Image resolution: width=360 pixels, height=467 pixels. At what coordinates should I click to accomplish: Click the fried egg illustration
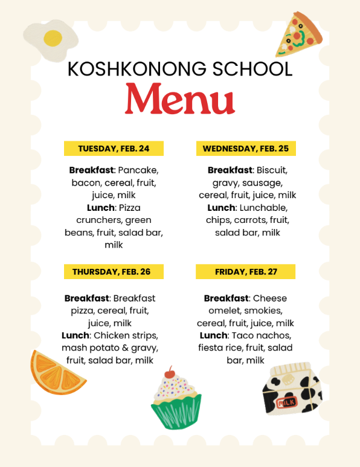click(51, 39)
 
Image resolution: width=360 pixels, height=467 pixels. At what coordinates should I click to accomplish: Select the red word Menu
click(180, 99)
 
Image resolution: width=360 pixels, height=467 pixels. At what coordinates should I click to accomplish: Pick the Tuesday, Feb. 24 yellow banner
click(114, 149)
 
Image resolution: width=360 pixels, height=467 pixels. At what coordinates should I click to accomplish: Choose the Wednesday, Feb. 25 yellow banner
click(246, 149)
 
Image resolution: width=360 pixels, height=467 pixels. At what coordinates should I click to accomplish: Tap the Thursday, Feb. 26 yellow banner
click(114, 272)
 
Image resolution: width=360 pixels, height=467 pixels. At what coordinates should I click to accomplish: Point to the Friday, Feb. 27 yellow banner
click(246, 272)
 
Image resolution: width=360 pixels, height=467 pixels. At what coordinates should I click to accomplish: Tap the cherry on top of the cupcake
click(170, 370)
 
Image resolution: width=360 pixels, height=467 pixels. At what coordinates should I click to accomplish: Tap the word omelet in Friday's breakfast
click(223, 311)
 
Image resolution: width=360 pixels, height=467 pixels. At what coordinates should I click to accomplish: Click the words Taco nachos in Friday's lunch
click(262, 335)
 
